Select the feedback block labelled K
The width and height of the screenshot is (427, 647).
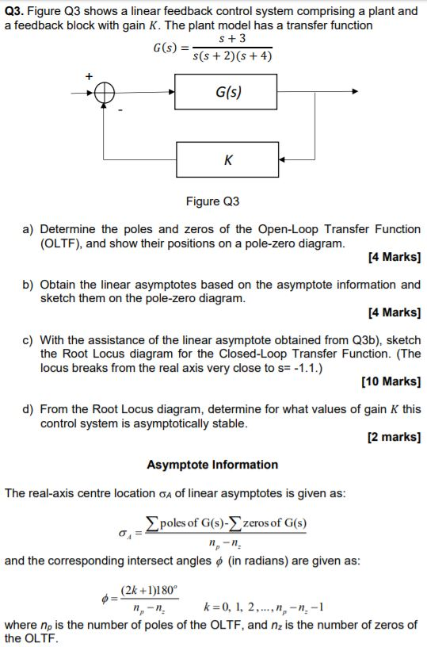pyautogui.click(x=228, y=160)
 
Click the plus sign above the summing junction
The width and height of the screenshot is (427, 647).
pyautogui.click(x=90, y=75)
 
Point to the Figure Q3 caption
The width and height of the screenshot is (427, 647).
pyautogui.click(x=212, y=201)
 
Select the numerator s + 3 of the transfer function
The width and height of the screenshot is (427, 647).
pyautogui.click(x=236, y=38)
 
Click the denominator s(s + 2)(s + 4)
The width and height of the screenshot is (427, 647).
pyautogui.click(x=235, y=56)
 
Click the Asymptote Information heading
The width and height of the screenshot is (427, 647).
pyautogui.click(x=212, y=465)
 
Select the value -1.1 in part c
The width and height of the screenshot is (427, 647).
pyautogui.click(x=326, y=367)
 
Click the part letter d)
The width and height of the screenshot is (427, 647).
pyautogui.click(x=28, y=409)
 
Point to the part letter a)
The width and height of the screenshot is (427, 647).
pyautogui.click(x=28, y=229)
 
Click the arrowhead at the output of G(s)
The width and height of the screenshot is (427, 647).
pyautogui.click(x=355, y=92)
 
